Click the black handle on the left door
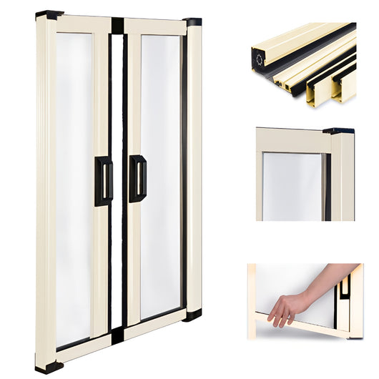[x=104, y=181]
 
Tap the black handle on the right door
[x=137, y=178]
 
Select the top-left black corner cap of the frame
[x=49, y=14]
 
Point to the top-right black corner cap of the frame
[x=192, y=22]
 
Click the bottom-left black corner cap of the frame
[x=49, y=367]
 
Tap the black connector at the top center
[x=117, y=26]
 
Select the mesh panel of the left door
[x=74, y=186]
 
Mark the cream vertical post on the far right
[x=194, y=168]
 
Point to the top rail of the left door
[x=83, y=24]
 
